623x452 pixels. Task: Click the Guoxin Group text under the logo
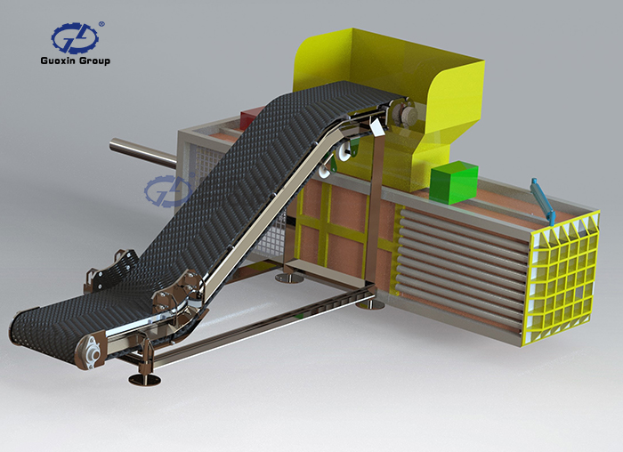click(x=75, y=61)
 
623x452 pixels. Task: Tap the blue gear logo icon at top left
click(x=75, y=38)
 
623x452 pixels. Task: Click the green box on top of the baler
click(x=454, y=182)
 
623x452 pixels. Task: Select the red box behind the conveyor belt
click(x=249, y=118)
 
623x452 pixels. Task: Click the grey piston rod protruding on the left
click(x=143, y=151)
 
